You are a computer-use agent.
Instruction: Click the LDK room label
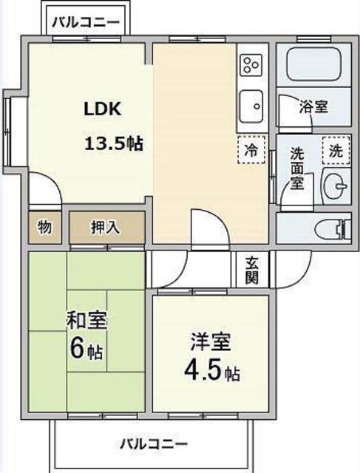pyautogui.click(x=103, y=109)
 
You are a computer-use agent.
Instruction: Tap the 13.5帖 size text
pyautogui.click(x=114, y=143)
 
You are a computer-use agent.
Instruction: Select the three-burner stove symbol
pyautogui.click(x=251, y=65)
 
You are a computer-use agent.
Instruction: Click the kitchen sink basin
pyautogui.click(x=251, y=106)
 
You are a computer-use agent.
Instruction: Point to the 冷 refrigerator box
pyautogui.click(x=251, y=149)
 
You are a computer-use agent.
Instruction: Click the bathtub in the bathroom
pyautogui.click(x=314, y=64)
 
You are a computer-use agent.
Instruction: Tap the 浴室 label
pyautogui.click(x=314, y=106)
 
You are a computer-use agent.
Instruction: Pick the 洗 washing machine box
pyautogui.click(x=336, y=150)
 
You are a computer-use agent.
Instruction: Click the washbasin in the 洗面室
pyautogui.click(x=336, y=186)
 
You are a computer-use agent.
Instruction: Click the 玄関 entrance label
pyautogui.click(x=252, y=270)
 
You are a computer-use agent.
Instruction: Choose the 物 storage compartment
pyautogui.click(x=45, y=228)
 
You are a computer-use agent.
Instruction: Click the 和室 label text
pyautogui.click(x=87, y=320)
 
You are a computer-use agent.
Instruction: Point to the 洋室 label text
pyautogui.click(x=211, y=341)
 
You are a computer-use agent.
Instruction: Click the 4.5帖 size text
pyautogui.click(x=212, y=371)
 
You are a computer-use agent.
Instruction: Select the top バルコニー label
pyautogui.click(x=86, y=22)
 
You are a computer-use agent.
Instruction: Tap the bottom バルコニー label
pyautogui.click(x=154, y=444)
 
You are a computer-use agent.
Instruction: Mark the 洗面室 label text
pyautogui.click(x=297, y=169)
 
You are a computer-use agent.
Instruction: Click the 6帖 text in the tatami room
pyautogui.click(x=86, y=349)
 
